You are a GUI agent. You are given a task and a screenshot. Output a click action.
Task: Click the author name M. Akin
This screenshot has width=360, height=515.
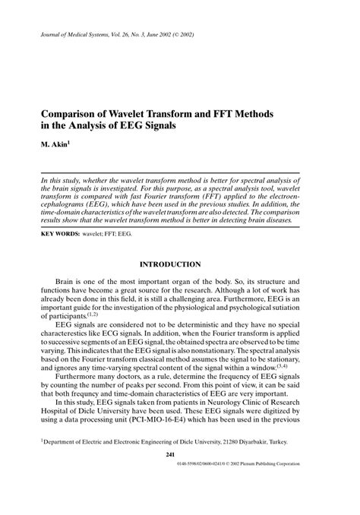tap(55, 141)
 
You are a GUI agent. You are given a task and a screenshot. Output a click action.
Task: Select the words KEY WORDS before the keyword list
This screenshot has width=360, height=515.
tap(60, 235)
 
